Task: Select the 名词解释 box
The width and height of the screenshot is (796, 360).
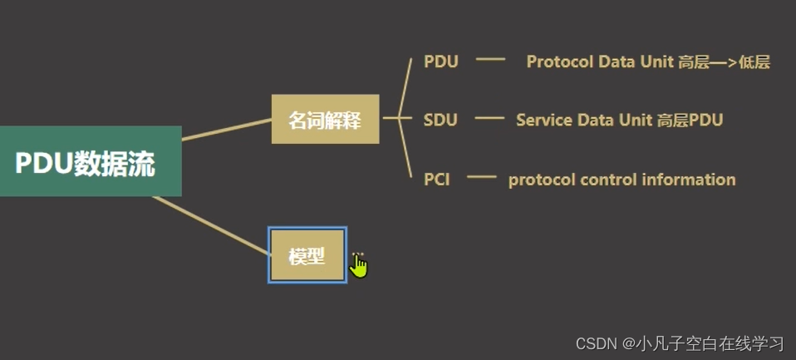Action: tap(325, 120)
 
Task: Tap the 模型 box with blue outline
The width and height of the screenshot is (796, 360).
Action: tap(307, 256)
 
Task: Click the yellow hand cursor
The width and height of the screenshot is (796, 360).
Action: tap(359, 265)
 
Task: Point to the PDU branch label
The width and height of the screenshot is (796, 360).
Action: tap(440, 62)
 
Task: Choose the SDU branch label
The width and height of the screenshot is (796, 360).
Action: tap(440, 120)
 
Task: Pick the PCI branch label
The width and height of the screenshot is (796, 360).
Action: tap(437, 179)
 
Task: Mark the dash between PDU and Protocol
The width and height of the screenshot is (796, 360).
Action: tap(490, 60)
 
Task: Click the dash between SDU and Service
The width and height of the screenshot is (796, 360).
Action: tap(489, 118)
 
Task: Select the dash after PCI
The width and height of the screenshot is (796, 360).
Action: tap(480, 177)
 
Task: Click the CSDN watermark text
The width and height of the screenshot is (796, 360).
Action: tap(595, 343)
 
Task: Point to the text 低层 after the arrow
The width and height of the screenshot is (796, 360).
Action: tap(754, 62)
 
